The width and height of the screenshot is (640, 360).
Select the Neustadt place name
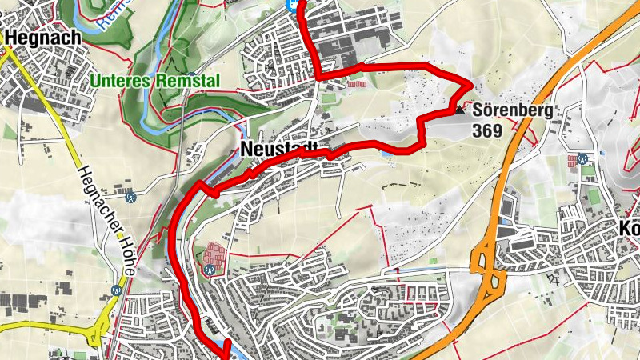click(278, 150)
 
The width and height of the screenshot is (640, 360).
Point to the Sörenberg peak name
click(512, 112)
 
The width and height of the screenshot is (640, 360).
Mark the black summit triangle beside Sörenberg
click(460, 112)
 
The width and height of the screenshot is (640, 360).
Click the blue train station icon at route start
click(294, 4)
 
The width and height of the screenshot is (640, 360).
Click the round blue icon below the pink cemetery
click(208, 270)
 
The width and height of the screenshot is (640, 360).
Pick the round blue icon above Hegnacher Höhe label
click(130, 194)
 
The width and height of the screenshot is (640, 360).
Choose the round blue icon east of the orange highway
click(583, 158)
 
